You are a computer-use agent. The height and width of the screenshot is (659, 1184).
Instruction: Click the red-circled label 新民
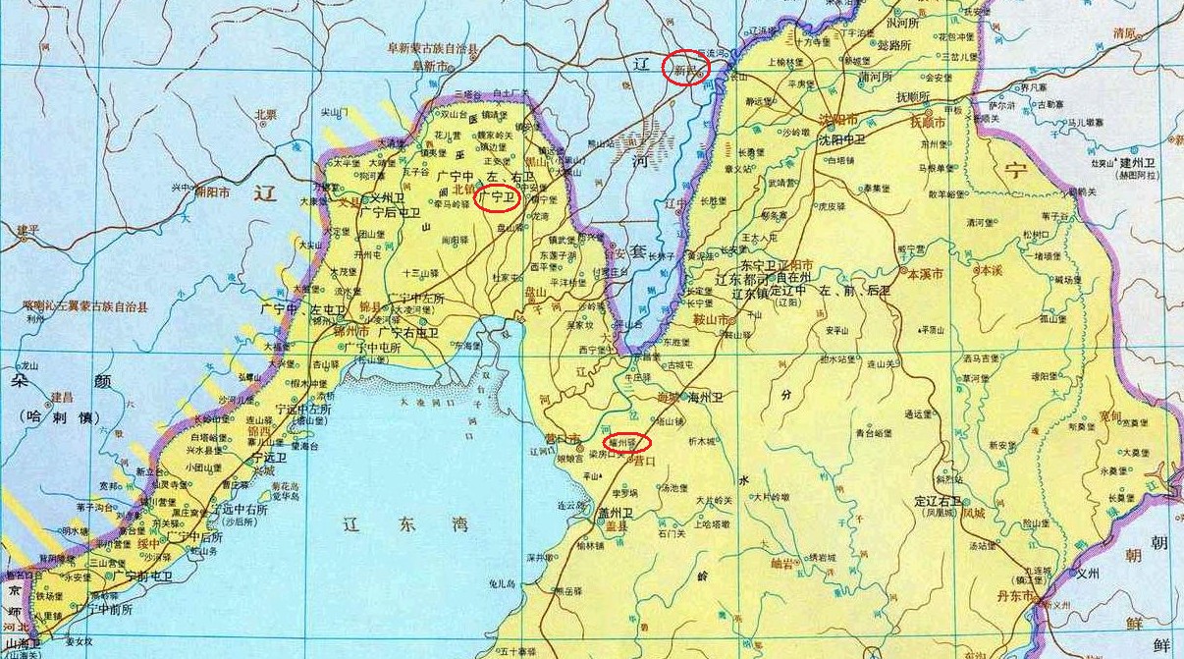(x=685, y=68)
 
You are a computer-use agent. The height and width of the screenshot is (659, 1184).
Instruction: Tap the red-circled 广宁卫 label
(x=497, y=197)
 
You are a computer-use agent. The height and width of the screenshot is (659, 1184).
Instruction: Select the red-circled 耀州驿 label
(x=624, y=443)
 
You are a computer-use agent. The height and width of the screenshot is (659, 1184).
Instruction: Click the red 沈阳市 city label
(x=836, y=122)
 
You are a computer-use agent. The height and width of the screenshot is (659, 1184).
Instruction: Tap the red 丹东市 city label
(x=1014, y=596)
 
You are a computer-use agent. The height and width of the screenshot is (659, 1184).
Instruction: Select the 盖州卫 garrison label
(x=615, y=513)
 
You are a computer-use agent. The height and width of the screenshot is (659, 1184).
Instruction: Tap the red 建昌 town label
(x=62, y=398)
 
